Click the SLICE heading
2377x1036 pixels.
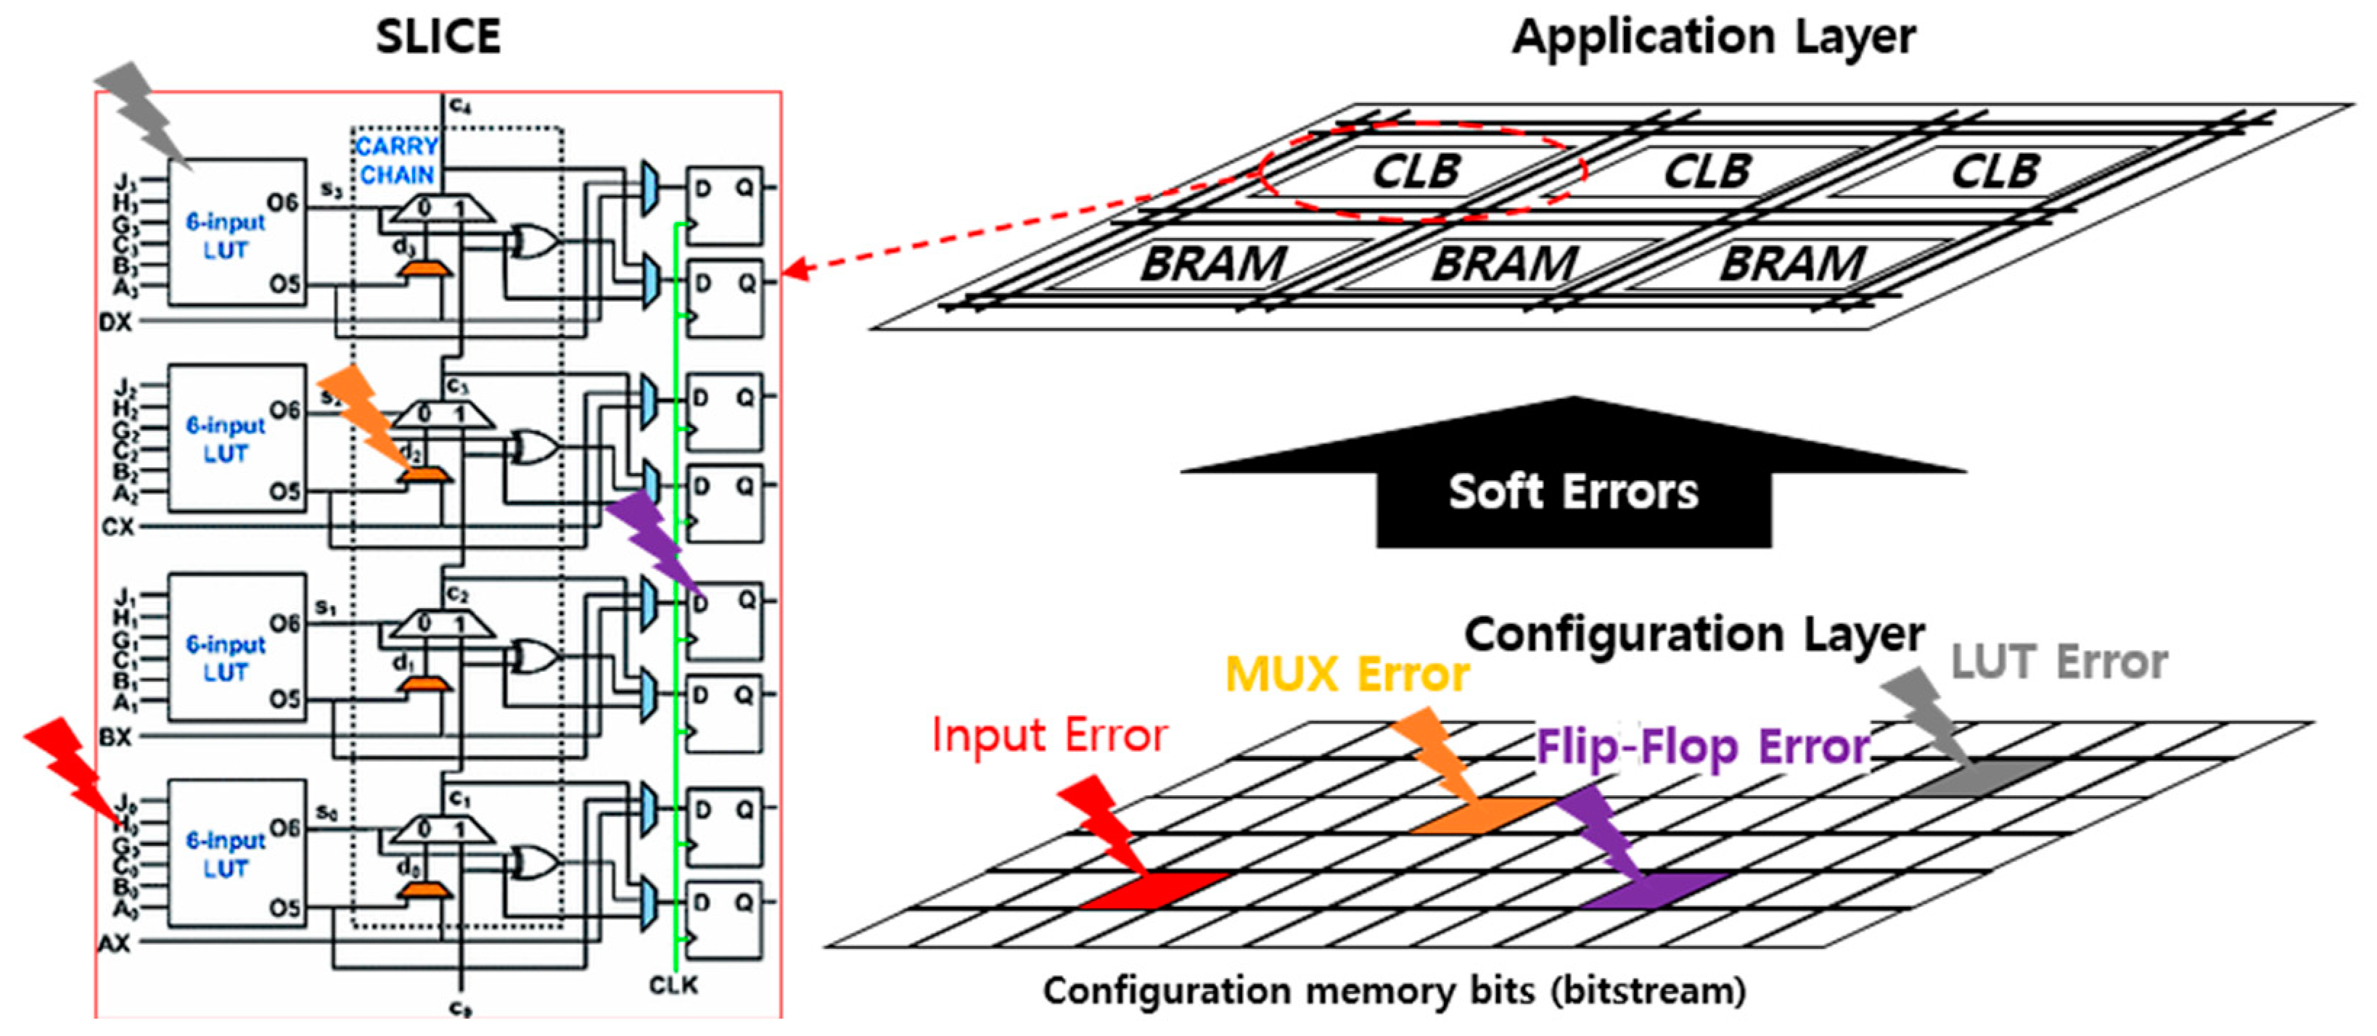(x=438, y=37)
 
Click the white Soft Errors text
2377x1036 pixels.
(x=1573, y=492)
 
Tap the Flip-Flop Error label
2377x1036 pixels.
(x=1702, y=747)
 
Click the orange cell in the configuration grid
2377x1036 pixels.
(x=1481, y=815)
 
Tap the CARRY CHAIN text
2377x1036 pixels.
(x=397, y=160)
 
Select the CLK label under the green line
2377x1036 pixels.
(x=673, y=985)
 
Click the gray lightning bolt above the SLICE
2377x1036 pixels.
(x=143, y=111)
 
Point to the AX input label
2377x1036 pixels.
(x=115, y=943)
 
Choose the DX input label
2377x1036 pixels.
(x=115, y=322)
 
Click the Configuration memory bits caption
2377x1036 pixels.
(x=1393, y=992)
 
